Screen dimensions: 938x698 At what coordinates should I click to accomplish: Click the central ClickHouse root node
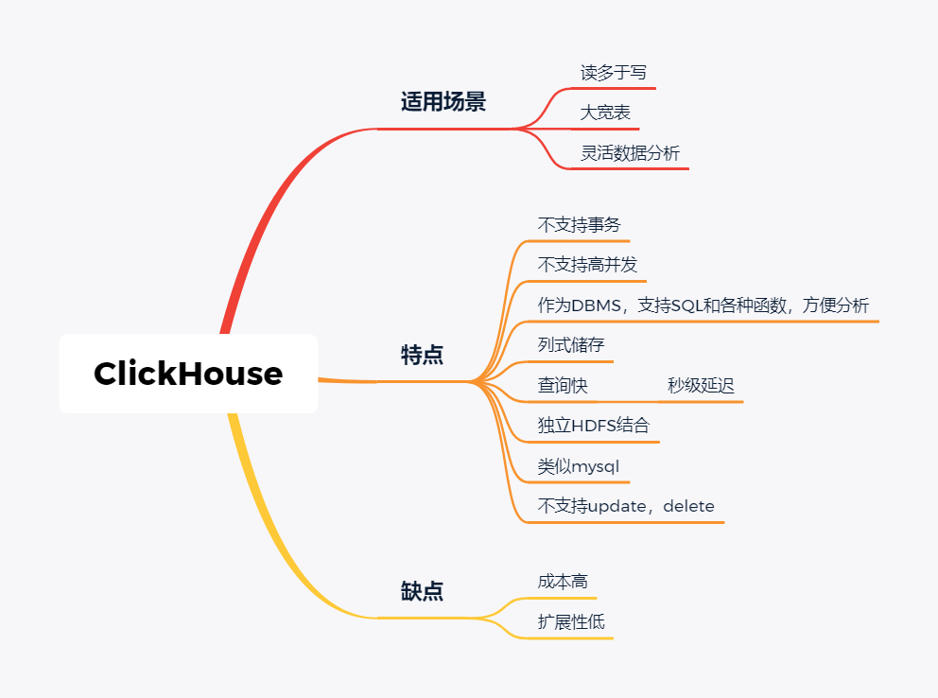pos(188,374)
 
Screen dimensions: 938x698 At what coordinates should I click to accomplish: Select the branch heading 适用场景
pos(443,102)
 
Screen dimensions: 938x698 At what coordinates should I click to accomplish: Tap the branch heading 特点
pos(422,356)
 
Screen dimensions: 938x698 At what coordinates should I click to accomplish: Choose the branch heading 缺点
pos(422,592)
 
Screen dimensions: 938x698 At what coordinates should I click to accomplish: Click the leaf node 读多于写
pos(613,73)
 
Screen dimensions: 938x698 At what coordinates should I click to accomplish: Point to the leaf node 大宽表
pos(605,113)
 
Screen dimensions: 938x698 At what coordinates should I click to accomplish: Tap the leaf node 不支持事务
pos(580,225)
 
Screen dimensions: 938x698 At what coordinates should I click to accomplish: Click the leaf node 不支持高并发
pos(587,265)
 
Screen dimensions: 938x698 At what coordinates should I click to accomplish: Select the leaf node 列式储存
pos(570,345)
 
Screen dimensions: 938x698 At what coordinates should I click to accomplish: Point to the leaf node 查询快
pos(563,386)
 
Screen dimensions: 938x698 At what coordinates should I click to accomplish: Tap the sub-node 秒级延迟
pos(701,386)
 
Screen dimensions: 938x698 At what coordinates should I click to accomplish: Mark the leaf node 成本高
pos(563,582)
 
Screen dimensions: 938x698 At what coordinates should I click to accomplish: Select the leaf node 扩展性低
pos(570,622)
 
